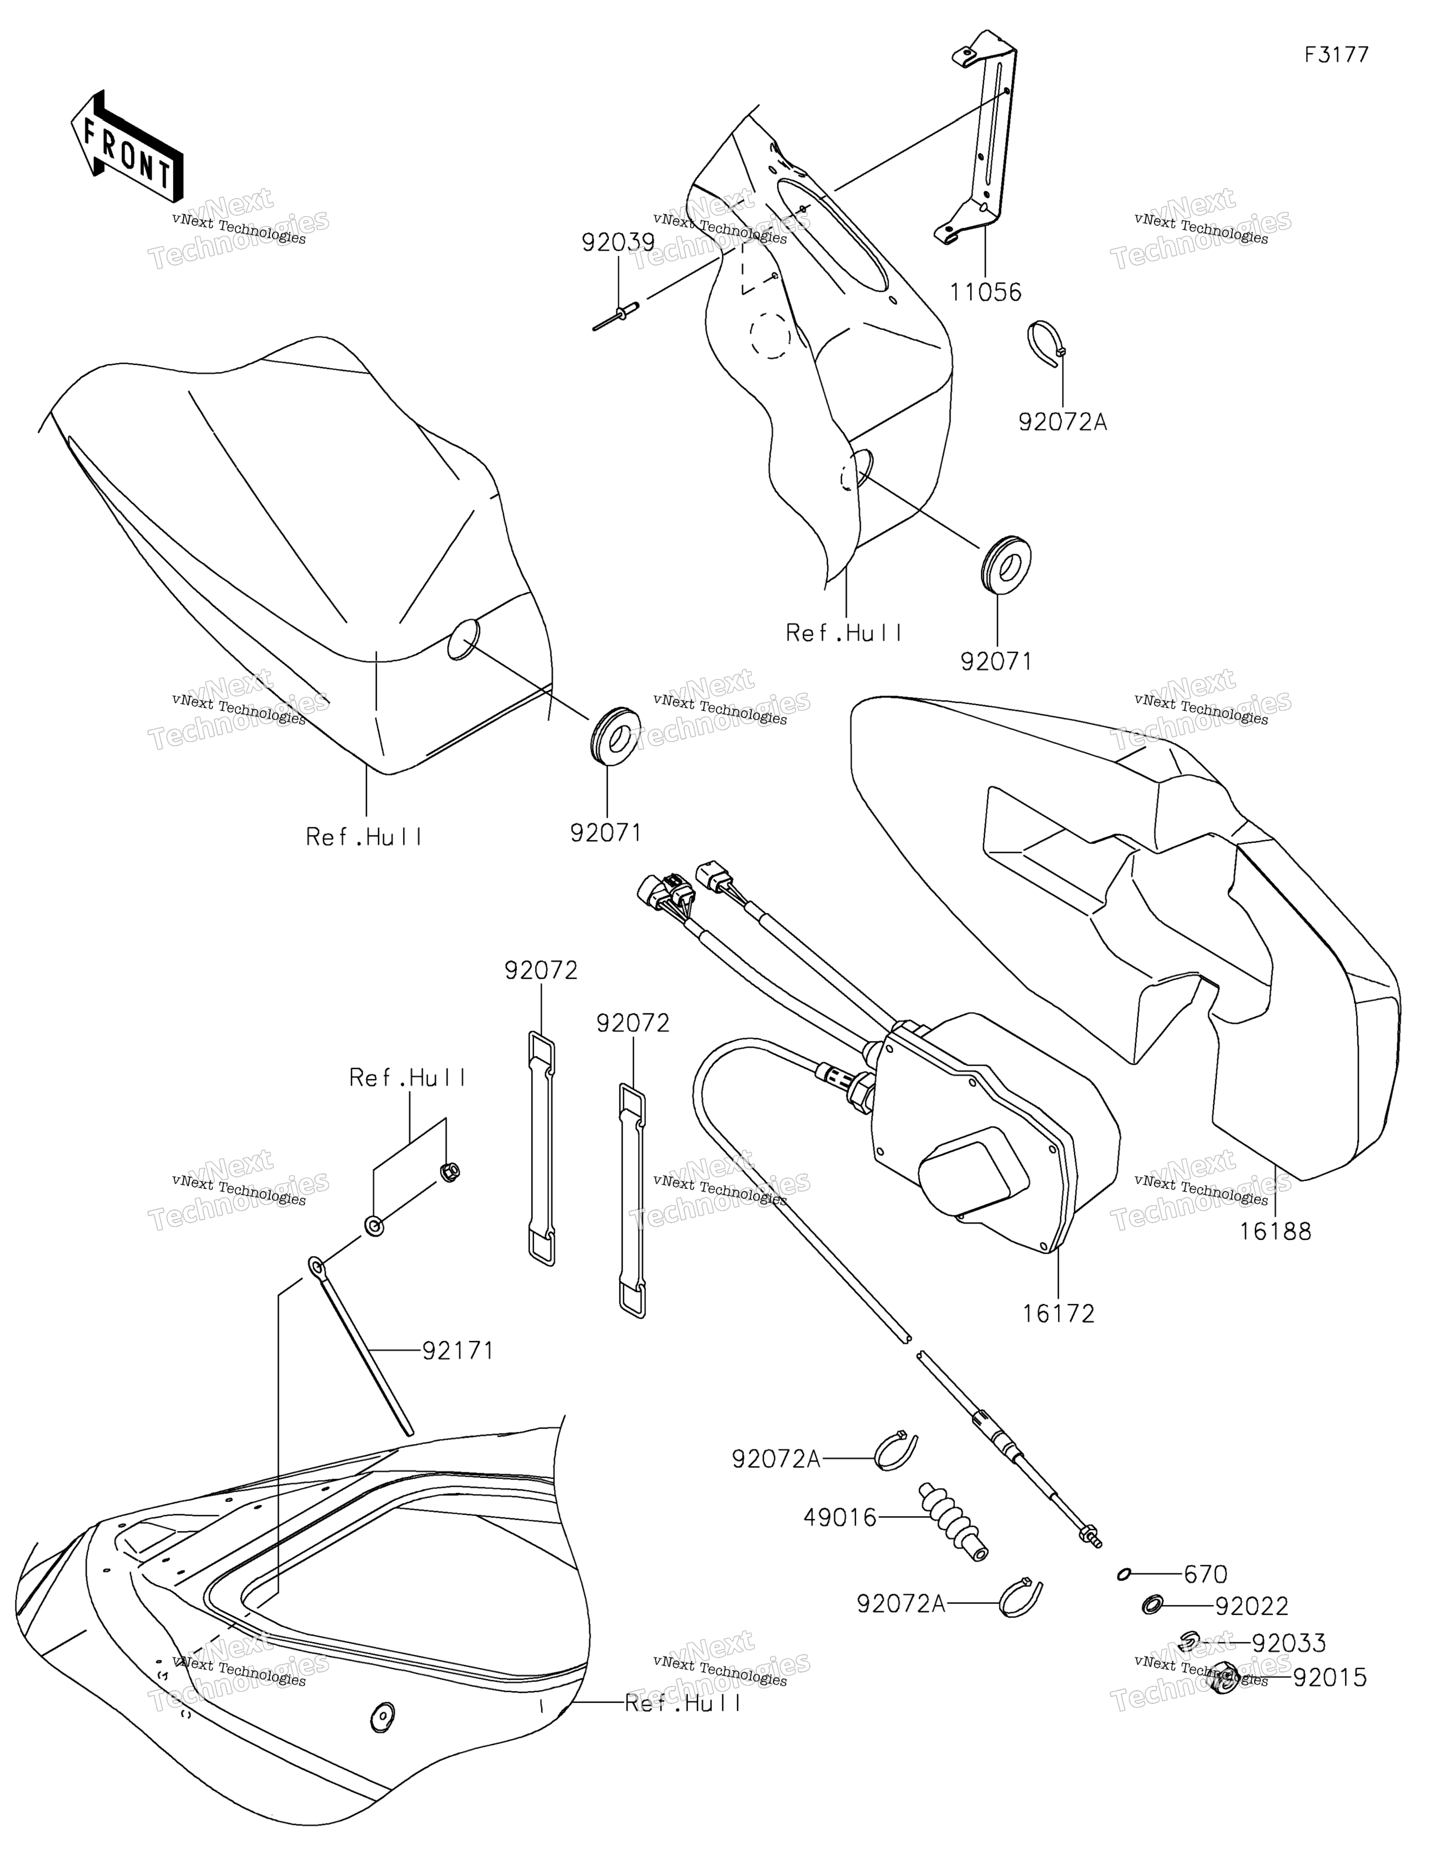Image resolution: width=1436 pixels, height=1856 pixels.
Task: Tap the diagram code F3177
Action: click(1336, 55)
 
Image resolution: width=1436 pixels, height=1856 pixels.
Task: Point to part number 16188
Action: click(1275, 1230)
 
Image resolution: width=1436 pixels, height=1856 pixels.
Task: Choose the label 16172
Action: click(1058, 1314)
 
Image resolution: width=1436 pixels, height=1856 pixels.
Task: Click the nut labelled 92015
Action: click(1224, 1677)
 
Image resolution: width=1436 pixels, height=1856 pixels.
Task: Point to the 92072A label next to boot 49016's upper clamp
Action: click(776, 1459)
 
